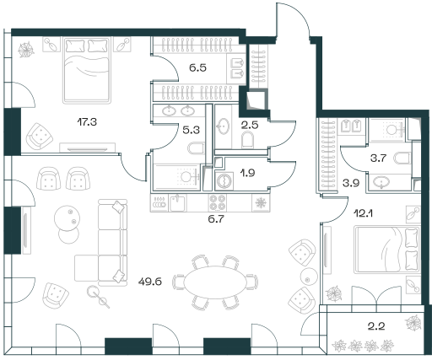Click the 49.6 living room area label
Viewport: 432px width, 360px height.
click(x=150, y=282)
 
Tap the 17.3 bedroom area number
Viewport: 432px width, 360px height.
click(x=87, y=122)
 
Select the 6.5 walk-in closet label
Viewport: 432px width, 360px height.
click(x=197, y=67)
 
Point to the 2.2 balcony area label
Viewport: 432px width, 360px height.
click(x=376, y=326)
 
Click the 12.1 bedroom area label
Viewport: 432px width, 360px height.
click(x=363, y=214)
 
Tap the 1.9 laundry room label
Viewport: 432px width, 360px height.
click(x=247, y=173)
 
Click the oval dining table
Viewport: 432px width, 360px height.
click(x=215, y=282)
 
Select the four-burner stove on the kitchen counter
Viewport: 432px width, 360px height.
click(x=218, y=202)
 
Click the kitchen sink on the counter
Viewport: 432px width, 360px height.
click(x=177, y=203)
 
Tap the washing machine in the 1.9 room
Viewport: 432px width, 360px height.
click(x=224, y=180)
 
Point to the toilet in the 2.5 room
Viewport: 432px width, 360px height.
click(x=248, y=140)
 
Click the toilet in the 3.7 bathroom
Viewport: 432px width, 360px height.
click(x=402, y=158)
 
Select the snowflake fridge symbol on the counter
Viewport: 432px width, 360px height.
click(x=261, y=202)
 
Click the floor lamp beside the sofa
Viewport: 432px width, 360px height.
click(x=98, y=297)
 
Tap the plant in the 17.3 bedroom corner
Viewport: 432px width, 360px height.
click(x=26, y=50)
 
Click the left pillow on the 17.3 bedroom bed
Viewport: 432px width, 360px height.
click(x=75, y=46)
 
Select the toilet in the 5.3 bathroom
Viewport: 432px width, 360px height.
click(x=196, y=148)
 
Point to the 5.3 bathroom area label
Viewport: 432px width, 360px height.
click(x=191, y=130)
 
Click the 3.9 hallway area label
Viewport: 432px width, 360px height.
click(x=351, y=183)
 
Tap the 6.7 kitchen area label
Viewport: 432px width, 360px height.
click(x=216, y=218)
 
